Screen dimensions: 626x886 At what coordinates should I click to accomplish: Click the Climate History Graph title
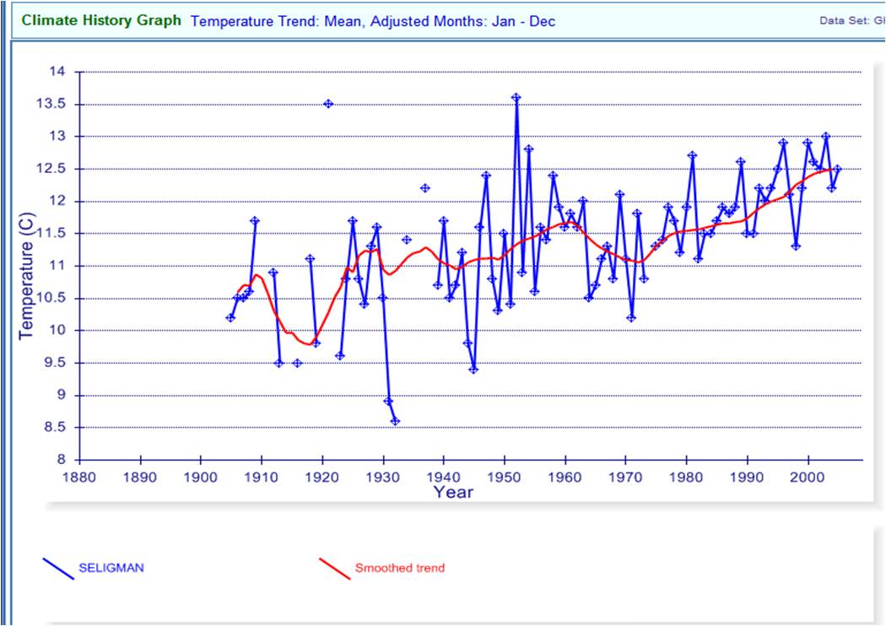101,19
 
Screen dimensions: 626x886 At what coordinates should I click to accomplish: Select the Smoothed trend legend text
400,568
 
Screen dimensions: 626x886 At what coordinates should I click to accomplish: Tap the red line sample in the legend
334,569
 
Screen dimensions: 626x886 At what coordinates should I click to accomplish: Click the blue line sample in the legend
58,569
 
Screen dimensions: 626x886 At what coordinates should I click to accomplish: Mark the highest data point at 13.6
516,98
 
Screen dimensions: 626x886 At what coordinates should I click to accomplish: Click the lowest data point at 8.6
395,421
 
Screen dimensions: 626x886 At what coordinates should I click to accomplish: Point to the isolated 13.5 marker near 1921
328,104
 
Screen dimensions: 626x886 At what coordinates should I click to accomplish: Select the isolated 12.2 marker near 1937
425,188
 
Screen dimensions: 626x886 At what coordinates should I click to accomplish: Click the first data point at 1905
230,317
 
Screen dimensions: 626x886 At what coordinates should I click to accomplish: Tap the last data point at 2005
837,169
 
